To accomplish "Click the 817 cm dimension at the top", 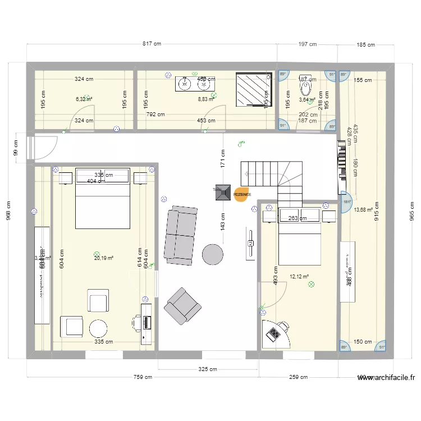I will pos(152,43).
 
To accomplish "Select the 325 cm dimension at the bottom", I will pos(208,369).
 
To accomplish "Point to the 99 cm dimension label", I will pos(16,148).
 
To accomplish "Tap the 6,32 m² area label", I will pos(84,99).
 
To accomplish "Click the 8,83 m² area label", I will pos(206,99).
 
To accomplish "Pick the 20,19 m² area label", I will pos(104,258).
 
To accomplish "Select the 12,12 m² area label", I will pos(299,276).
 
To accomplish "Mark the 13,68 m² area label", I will pos(363,210).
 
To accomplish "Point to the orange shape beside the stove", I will pos(241,194).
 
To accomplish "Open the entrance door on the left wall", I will pos(45,148).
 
